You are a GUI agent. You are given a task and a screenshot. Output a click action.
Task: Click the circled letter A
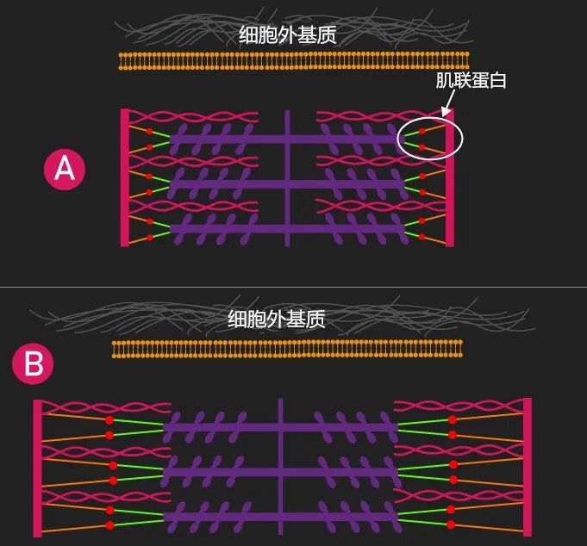click(65, 170)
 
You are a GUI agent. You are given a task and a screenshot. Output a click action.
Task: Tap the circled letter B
click(33, 364)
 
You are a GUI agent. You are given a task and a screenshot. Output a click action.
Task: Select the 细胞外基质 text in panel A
click(287, 34)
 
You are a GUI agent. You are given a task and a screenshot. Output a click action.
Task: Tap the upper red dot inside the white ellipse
click(422, 132)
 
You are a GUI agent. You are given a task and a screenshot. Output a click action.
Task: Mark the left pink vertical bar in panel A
click(125, 177)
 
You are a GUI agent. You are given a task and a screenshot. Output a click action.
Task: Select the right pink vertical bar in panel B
click(528, 466)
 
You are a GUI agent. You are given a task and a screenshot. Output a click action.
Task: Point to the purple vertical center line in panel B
click(280, 465)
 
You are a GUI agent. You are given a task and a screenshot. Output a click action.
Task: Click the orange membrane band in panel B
click(287, 348)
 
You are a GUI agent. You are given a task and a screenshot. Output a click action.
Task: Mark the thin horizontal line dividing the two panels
click(293, 287)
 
